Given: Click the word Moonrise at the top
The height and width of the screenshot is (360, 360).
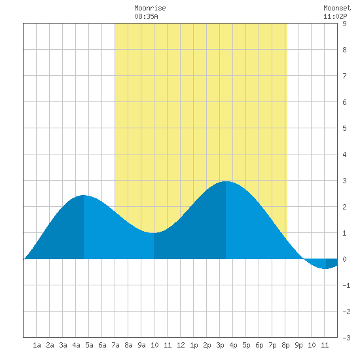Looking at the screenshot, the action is point(150,8).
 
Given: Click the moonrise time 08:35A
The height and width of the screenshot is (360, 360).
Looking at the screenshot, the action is point(146,16).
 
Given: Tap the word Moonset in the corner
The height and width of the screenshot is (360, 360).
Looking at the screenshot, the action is point(337,8).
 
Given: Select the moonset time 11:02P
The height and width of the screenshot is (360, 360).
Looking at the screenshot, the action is point(335,16).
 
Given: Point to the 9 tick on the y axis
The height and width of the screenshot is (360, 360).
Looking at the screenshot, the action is point(344,24).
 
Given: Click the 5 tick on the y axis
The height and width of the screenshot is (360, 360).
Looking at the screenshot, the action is point(344,128).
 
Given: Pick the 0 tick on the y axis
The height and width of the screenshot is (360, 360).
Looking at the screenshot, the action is point(344,259).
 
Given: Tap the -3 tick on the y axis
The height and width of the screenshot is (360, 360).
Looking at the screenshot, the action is point(346,338).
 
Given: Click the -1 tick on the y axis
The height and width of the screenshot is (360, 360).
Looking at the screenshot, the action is point(346,285).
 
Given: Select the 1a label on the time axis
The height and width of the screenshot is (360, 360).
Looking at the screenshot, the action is point(37,345).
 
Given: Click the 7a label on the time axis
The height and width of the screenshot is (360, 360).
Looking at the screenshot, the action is point(115,345).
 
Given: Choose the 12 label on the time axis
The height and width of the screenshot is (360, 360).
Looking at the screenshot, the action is point(181,345).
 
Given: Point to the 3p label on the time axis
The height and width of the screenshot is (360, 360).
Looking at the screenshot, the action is point(220,345).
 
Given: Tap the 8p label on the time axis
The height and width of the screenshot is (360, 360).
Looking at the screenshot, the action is point(285,345).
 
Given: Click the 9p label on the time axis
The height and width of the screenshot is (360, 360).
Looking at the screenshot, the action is point(298,345).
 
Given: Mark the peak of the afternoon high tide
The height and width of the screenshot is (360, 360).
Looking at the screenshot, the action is point(226,181).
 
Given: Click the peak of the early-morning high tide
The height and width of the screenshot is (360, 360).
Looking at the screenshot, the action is point(84,196).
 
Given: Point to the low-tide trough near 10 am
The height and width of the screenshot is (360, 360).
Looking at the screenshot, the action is point(154,233).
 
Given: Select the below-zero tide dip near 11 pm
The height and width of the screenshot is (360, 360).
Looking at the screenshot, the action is point(325,268).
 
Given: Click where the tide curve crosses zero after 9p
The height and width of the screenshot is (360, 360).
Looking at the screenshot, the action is point(304,259).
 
